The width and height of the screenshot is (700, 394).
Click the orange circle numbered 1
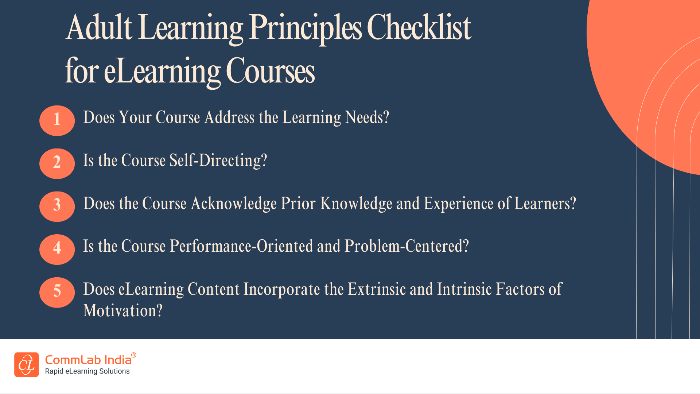pyautogui.click(x=57, y=120)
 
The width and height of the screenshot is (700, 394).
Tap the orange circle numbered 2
pyautogui.click(x=57, y=163)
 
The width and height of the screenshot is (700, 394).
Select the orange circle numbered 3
pyautogui.click(x=57, y=206)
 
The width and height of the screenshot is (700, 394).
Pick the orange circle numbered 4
pyautogui.click(x=57, y=249)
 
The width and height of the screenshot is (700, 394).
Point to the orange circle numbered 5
pyautogui.click(x=57, y=292)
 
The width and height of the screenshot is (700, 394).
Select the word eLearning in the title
pyautogui.click(x=162, y=72)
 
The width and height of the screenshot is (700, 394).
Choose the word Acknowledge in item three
pyautogui.click(x=234, y=204)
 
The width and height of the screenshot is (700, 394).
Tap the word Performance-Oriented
pyautogui.click(x=241, y=246)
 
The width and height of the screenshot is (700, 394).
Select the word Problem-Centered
pyautogui.click(x=407, y=246)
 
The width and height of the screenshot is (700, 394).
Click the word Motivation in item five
pyautogui.click(x=122, y=311)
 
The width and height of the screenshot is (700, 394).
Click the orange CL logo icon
pyautogui.click(x=27, y=364)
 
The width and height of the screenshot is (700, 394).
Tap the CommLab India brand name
pyautogui.click(x=88, y=360)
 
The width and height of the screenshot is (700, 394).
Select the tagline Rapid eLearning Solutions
pyautogui.click(x=87, y=371)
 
